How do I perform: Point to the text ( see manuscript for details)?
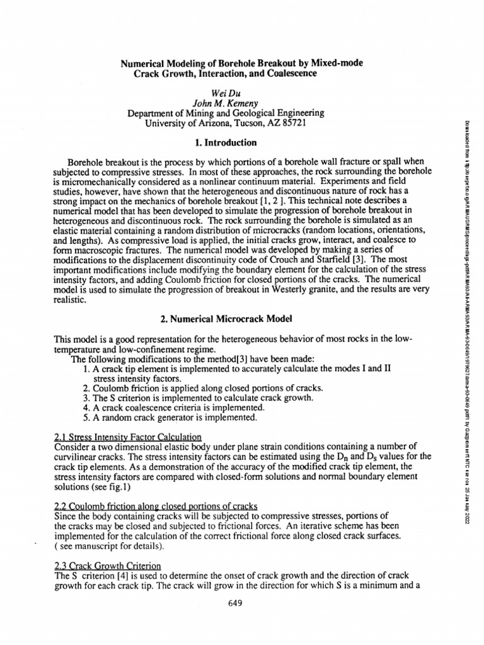(105, 544)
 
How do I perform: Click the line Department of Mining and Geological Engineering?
(226, 113)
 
